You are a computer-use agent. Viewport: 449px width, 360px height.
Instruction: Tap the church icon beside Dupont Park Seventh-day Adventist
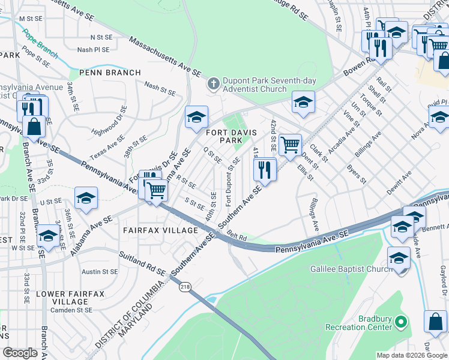tap(212, 85)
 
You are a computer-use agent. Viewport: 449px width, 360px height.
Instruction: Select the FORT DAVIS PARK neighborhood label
tap(229, 136)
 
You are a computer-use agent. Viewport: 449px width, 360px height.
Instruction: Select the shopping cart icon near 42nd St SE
tap(290, 144)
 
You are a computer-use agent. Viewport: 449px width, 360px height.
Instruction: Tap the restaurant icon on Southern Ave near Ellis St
tap(265, 169)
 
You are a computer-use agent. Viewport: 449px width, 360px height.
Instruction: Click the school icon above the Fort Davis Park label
tap(196, 117)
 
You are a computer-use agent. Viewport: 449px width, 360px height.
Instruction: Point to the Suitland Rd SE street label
tap(142, 263)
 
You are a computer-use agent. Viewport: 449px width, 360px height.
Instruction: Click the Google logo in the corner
tap(20, 353)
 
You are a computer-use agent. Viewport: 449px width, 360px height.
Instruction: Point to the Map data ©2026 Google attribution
tap(412, 355)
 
